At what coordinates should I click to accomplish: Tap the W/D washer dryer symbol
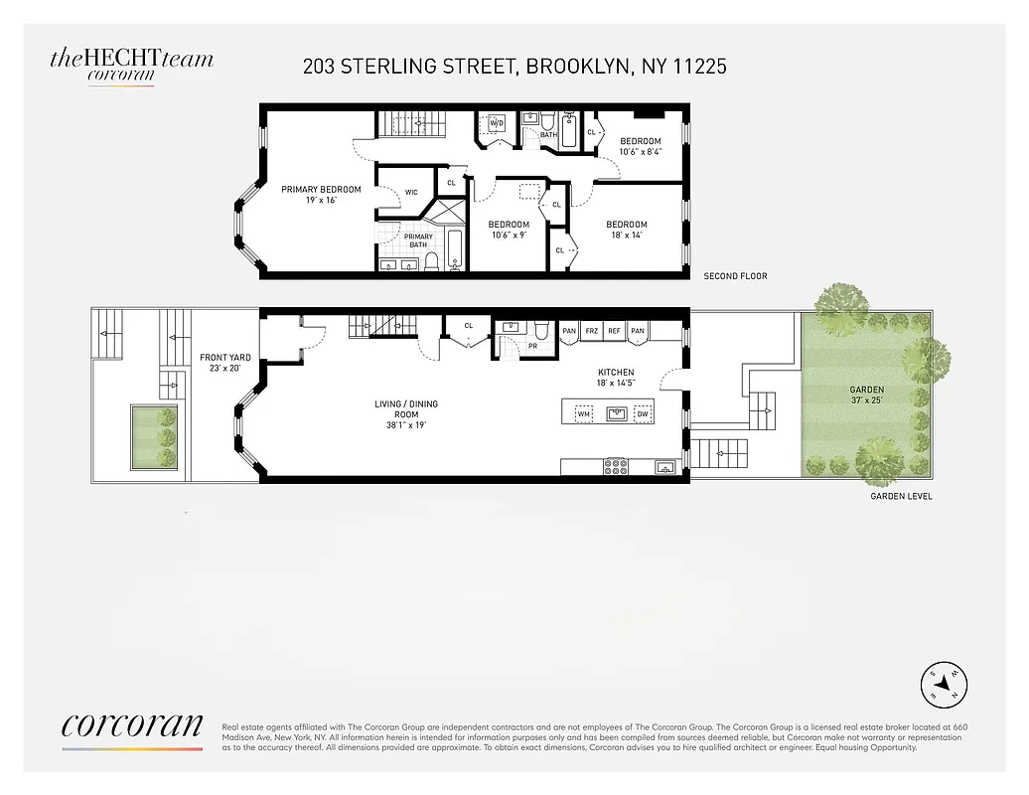tap(497, 123)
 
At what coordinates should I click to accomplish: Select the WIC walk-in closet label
tap(411, 193)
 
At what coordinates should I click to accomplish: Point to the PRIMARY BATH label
tap(418, 240)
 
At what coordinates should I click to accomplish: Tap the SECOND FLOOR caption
tap(735, 276)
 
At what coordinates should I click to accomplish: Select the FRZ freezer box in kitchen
tap(592, 331)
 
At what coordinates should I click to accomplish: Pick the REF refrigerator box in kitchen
tap(615, 331)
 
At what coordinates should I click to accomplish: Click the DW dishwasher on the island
tap(643, 413)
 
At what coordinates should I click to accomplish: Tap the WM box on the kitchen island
tap(584, 413)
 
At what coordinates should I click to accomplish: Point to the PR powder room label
tap(532, 347)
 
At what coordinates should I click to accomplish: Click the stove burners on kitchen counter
tap(615, 466)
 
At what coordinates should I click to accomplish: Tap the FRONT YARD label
tap(224, 362)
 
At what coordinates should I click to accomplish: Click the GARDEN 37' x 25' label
tap(866, 395)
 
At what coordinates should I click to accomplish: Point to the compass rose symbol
tap(944, 681)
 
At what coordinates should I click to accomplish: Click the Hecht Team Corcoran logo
tap(131, 66)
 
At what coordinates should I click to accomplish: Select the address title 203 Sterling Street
tap(514, 67)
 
